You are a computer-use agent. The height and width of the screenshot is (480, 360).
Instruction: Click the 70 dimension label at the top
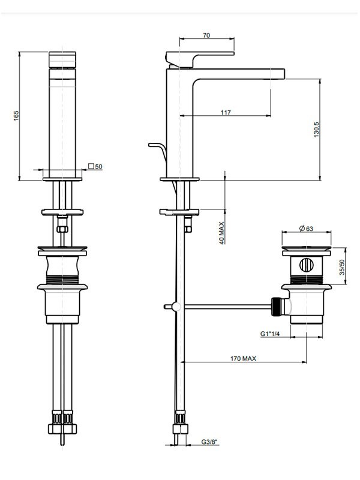click(206, 35)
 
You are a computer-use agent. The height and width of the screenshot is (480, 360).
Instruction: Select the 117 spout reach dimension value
click(226, 112)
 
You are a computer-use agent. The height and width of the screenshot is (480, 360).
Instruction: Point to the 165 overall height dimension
click(16, 115)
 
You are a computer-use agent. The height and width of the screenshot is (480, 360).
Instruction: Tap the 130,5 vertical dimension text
click(316, 130)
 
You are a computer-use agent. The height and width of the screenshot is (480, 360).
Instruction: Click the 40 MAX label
click(222, 233)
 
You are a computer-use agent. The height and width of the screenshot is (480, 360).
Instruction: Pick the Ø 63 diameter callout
click(306, 229)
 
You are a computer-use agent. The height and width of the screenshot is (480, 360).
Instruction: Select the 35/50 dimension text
click(342, 267)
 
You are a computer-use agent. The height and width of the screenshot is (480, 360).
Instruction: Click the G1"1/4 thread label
click(270, 334)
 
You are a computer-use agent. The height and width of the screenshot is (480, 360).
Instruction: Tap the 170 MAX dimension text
click(243, 358)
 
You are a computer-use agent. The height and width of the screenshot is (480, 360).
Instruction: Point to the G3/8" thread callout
click(209, 442)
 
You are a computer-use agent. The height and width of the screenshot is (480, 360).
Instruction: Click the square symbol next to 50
click(91, 166)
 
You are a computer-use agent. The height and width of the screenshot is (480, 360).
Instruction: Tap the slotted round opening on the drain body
click(306, 265)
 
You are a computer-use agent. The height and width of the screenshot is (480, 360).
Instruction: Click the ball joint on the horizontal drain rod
click(176, 306)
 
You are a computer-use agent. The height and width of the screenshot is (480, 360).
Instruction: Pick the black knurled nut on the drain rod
click(276, 306)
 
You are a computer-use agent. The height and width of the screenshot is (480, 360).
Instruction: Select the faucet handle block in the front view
click(62, 59)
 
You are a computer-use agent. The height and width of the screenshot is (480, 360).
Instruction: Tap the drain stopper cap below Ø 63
click(307, 248)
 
